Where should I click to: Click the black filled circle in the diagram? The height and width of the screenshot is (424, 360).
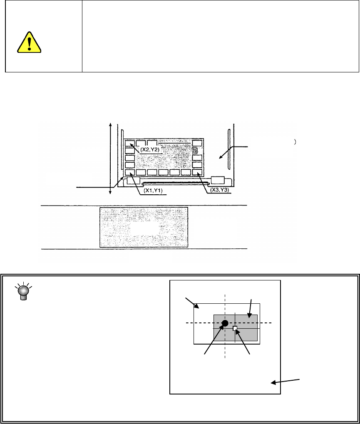[x=225, y=323]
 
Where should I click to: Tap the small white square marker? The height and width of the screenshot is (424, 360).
[x=235, y=329]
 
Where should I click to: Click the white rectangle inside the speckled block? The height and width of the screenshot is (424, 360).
[x=144, y=228]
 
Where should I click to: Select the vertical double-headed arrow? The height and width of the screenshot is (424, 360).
[x=110, y=158]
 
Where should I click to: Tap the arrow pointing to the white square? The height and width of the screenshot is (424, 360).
[x=243, y=342]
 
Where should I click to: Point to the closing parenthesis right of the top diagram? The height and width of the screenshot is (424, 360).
[x=294, y=142]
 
